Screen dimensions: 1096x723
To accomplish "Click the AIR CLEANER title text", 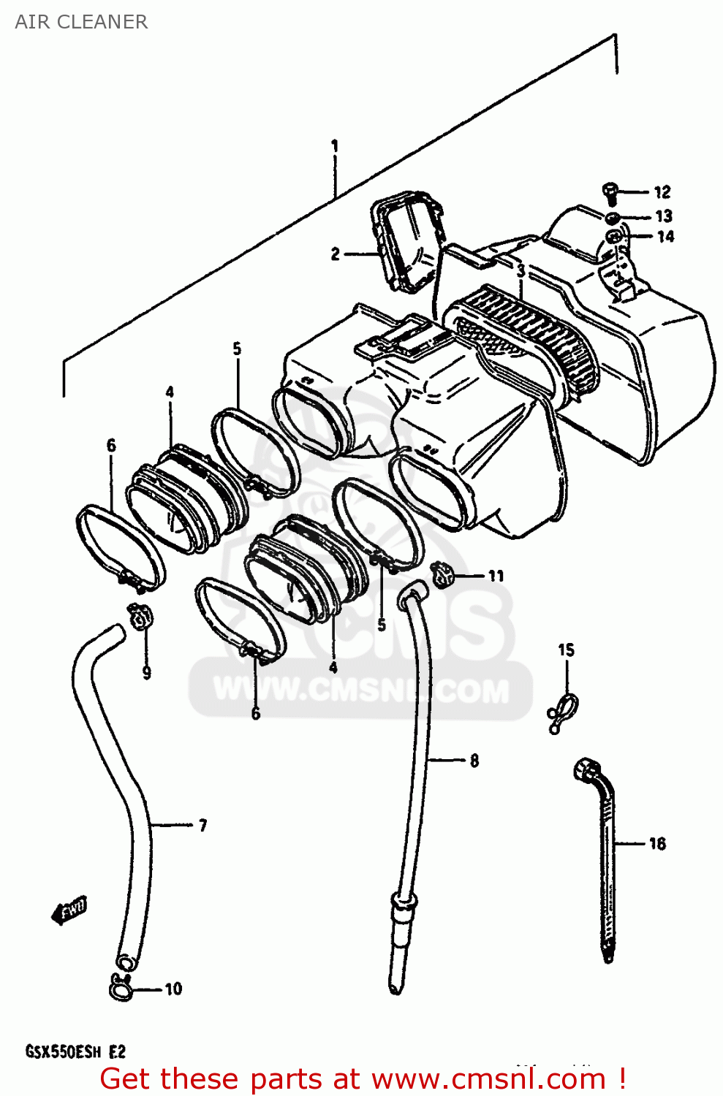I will click(x=81, y=22).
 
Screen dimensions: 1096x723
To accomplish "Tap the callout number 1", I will click(x=335, y=146).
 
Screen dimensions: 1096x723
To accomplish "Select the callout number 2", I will click(x=335, y=254).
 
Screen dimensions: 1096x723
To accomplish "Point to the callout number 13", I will click(x=663, y=216).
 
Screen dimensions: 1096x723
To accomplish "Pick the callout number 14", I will click(x=665, y=237).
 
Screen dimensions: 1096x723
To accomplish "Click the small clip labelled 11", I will click(x=443, y=575).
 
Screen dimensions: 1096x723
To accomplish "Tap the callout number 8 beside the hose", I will click(x=474, y=761).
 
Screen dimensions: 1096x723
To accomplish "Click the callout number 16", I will click(x=657, y=844).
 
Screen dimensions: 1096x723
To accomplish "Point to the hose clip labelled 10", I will click(x=121, y=987).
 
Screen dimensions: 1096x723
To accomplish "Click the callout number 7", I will click(x=202, y=826).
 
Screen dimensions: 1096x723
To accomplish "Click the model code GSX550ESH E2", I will click(x=76, y=1052).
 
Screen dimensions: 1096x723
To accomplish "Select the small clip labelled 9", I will click(x=139, y=618).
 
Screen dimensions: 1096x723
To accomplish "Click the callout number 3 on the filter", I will click(x=521, y=271).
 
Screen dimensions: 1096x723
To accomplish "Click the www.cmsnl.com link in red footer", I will click(x=488, y=1078).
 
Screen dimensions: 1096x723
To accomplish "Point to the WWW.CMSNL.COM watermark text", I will click(x=361, y=690).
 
